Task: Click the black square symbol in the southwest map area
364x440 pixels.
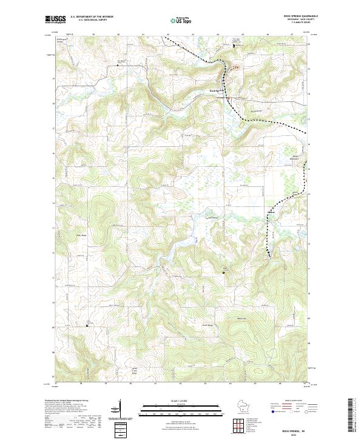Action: pyautogui.click(x=87, y=325)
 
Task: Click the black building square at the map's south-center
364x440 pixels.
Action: pyautogui.click(x=224, y=273)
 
